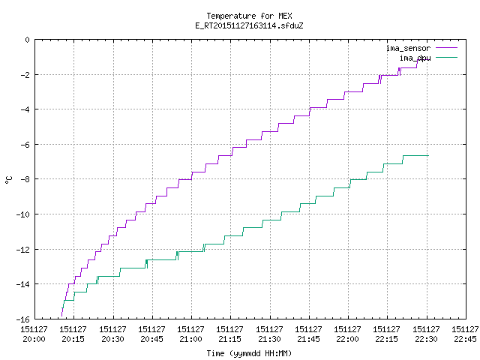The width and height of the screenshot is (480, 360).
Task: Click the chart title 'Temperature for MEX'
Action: tap(249, 16)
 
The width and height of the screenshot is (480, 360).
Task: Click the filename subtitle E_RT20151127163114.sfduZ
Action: tap(249, 25)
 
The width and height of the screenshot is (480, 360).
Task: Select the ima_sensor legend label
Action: tap(408, 48)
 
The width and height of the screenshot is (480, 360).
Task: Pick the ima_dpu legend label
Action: tap(415, 58)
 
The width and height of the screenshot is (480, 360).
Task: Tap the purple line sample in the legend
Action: tap(447, 48)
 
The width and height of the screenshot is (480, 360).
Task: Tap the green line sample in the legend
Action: tap(447, 57)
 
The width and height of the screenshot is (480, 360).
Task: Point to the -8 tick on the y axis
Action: tap(25, 179)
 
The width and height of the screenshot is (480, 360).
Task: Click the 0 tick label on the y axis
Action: tap(28, 40)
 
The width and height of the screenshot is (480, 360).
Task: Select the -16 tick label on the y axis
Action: tap(23, 319)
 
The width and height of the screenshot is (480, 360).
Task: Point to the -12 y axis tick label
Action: tap(23, 250)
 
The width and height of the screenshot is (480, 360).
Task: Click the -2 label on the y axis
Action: tap(25, 75)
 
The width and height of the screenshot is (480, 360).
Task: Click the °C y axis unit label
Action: tap(8, 180)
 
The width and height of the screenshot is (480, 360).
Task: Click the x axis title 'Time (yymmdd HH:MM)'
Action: tap(249, 353)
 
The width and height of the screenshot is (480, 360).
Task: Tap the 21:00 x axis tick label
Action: tap(190, 334)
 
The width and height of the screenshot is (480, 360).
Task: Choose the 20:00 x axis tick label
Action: tap(34, 334)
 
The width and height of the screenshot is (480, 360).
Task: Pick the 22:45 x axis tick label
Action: tap(465, 334)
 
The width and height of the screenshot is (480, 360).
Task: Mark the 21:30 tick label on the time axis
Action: tap(269, 334)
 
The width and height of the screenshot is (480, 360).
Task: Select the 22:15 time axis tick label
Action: tap(386, 334)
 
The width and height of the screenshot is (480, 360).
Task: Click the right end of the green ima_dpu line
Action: tap(428, 156)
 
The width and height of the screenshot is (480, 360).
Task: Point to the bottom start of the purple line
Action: tap(61, 316)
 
